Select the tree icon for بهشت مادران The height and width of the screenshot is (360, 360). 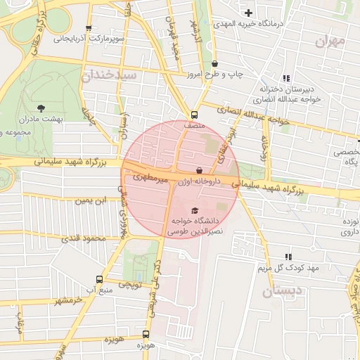point(41,108)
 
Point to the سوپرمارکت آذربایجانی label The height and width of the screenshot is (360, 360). point(89,39)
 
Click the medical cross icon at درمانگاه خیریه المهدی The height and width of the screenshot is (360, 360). point(248,13)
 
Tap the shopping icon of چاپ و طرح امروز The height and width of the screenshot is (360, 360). point(214,63)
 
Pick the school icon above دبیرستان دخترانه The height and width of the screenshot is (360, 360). point(285,79)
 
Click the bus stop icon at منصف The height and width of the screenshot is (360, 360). point(195,115)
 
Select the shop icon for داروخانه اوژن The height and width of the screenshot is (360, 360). point(200,170)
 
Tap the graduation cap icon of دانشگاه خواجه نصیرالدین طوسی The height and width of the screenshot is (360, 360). point(195,210)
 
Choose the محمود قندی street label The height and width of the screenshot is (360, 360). point(83,238)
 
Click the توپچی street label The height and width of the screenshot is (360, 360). point(129,285)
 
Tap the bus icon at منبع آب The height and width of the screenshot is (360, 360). point(99,279)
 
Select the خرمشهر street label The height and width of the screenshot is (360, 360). point(70,300)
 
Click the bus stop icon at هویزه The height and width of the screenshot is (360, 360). point(146,334)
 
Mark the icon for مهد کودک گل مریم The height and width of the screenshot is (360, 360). point(288,257)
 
